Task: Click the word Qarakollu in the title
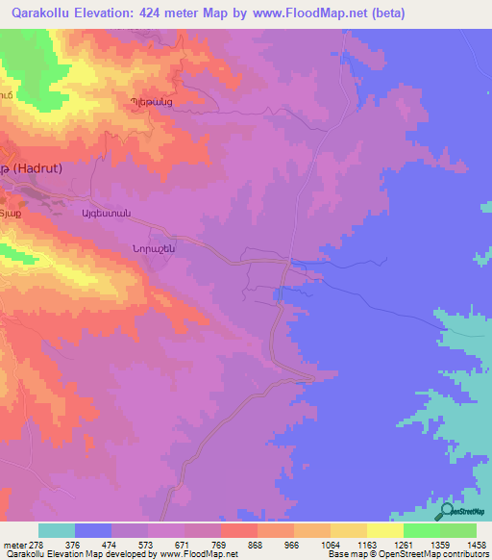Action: (x=38, y=13)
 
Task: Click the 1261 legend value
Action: (x=420, y=545)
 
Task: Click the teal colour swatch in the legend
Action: (x=56, y=530)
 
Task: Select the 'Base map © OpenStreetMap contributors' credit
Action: (x=407, y=555)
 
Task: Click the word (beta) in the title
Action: (x=379, y=13)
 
